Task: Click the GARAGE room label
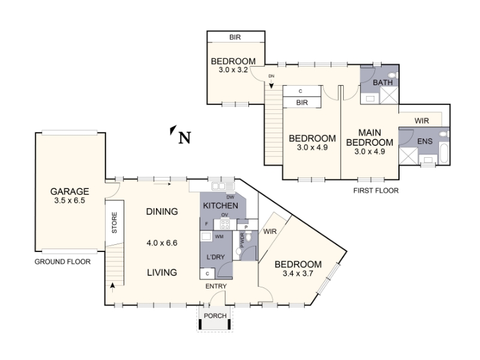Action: tap(70, 191)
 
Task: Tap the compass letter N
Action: tap(185, 138)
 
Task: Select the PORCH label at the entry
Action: tap(215, 316)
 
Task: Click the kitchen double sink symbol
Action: tap(223, 186)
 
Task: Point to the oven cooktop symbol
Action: tap(225, 224)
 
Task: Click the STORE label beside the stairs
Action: tap(115, 223)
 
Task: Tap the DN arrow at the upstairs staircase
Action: tap(271, 84)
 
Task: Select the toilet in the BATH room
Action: tap(392, 75)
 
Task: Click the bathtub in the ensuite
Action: tap(444, 153)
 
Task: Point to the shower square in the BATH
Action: tap(389, 95)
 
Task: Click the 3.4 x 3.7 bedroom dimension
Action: tap(298, 274)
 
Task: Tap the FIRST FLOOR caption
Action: tap(376, 191)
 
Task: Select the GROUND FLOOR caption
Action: tap(62, 262)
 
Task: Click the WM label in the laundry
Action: tap(219, 236)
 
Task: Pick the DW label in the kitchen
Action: tap(230, 197)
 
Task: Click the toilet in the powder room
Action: tap(249, 236)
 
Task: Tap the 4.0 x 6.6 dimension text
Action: tap(162, 243)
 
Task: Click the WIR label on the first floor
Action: tap(422, 121)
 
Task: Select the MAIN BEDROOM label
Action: tap(370, 137)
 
